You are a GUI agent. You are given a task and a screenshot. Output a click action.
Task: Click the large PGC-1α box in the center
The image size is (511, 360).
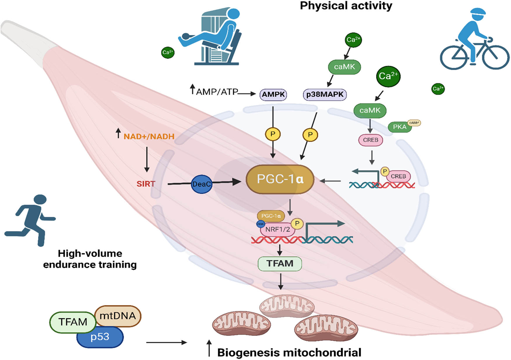tap(280, 179)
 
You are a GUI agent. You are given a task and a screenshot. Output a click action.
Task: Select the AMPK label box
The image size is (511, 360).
tap(273, 95)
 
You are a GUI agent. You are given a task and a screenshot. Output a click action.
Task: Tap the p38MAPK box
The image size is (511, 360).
tap(325, 95)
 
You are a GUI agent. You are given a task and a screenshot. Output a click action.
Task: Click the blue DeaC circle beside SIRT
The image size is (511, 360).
tap(201, 184)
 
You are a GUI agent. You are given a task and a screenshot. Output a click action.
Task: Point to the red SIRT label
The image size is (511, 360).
tap(146, 184)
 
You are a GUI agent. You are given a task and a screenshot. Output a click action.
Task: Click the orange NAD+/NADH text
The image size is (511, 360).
tap(149, 137)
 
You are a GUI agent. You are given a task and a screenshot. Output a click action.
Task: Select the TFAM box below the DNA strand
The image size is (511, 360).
tap(280, 263)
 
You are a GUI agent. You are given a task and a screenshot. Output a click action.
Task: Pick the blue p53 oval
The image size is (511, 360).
tap(100, 337)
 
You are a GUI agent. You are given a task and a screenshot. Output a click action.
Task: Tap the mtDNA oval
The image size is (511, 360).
tap(118, 316)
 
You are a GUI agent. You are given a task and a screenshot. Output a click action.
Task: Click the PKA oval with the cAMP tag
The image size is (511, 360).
tap(400, 127)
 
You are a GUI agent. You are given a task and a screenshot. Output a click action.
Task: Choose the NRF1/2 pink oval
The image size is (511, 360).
tap(277, 230)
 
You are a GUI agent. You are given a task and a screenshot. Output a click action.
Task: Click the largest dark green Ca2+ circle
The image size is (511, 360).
tap(388, 76)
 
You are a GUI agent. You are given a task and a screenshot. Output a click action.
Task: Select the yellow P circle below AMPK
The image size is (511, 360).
tap(273, 134)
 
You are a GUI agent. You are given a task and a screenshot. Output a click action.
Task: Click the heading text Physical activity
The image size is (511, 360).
tap(346, 6)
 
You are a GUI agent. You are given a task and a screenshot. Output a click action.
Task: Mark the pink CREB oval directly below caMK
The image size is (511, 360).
tap(371, 140)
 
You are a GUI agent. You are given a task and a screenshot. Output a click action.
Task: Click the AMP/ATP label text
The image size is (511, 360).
tap(217, 92)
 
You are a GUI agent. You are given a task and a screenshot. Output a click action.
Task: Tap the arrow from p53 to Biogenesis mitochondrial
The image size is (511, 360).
tap(166, 342)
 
